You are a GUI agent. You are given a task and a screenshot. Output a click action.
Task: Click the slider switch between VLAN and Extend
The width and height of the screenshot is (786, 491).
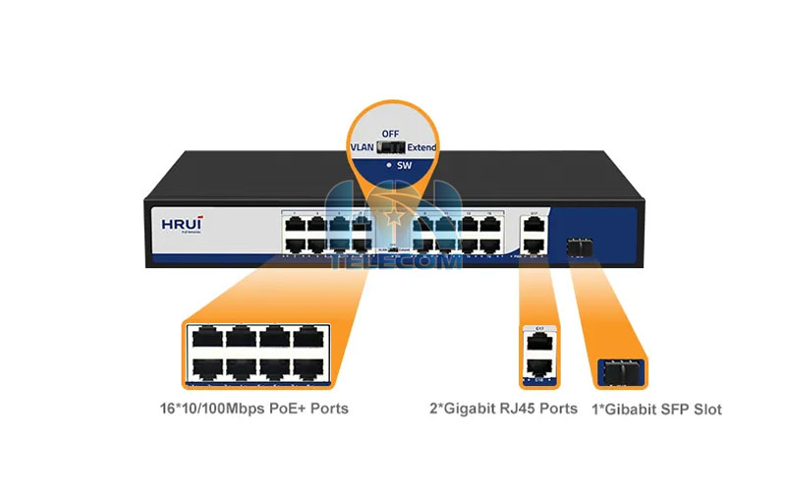(x=391, y=148)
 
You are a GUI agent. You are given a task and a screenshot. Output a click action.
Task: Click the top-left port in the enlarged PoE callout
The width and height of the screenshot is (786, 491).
(x=207, y=339)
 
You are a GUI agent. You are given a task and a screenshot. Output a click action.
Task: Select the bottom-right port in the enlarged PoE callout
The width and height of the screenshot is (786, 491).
(x=309, y=370)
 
